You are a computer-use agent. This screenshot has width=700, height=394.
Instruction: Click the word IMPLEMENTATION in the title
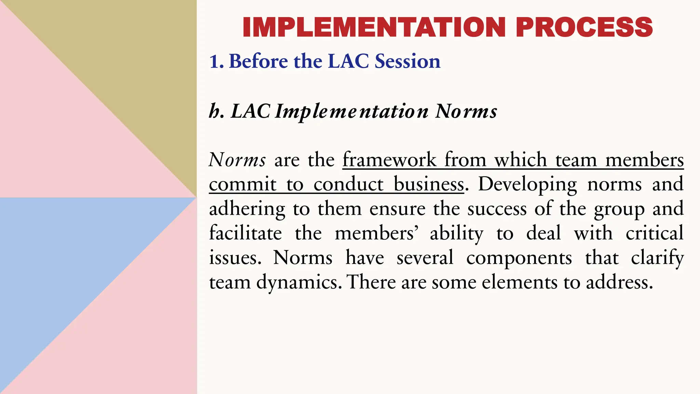pos(374,27)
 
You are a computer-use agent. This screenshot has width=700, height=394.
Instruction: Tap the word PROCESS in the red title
pos(584,27)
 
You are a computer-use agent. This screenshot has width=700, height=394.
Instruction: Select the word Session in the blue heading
pos(407,61)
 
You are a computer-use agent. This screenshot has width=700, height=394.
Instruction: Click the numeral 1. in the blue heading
pos(216,62)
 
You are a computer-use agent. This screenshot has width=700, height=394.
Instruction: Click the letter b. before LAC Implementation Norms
pos(216,111)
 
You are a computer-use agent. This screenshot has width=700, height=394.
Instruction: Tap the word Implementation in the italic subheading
pos(352,112)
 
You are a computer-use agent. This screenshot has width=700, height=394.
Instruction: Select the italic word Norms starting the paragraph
pos(237,160)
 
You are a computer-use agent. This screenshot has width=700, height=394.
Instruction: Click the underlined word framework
pos(389,160)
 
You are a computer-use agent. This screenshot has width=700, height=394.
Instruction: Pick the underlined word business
pos(429,184)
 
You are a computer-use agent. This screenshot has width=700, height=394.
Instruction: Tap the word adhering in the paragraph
pos(247,209)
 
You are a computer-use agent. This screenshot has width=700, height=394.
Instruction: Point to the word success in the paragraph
pos(497,209)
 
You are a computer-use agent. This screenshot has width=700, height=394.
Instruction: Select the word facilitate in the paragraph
pos(245,233)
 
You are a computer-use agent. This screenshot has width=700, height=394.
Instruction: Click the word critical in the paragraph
pos(654,233)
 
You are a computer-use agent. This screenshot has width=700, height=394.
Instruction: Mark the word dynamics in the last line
pos(299,283)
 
